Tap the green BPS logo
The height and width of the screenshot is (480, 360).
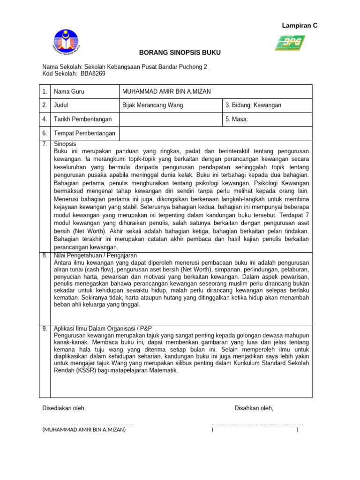[290, 43]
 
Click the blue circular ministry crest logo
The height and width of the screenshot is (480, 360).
[67, 42]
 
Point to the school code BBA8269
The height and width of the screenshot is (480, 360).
[93, 74]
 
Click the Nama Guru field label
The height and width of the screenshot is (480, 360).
[69, 91]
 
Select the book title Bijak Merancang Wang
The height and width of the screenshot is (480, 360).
[152, 105]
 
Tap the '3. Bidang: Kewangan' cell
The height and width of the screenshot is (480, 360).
[253, 105]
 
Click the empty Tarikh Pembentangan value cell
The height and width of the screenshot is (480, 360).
[170, 120]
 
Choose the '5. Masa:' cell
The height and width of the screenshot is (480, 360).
[237, 120]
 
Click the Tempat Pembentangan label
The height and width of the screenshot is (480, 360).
[85, 134]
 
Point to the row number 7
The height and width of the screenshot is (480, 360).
[45, 144]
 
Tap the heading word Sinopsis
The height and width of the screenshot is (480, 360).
[65, 144]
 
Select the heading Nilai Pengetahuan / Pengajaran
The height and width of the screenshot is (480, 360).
[96, 255]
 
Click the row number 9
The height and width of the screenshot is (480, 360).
[45, 329]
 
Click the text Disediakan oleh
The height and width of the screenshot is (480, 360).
[64, 408]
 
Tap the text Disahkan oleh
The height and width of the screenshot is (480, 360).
[254, 408]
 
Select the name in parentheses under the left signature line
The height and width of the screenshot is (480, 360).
[84, 429]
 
